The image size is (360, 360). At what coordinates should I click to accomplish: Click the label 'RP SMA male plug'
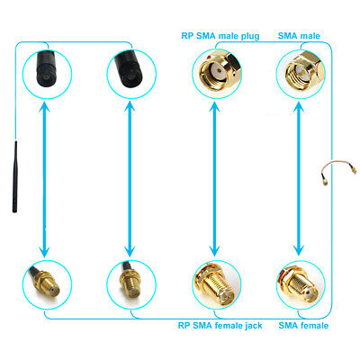pyautogui.click(x=220, y=36)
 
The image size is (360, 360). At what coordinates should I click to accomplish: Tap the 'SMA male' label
pyautogui.click(x=299, y=36)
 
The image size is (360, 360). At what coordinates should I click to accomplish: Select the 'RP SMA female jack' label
pyautogui.click(x=220, y=326)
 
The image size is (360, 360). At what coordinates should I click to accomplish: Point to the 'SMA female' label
pyautogui.click(x=303, y=326)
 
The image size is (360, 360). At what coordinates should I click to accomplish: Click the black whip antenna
pyautogui.click(x=14, y=176)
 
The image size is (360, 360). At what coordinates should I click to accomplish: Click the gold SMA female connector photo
pyautogui.click(x=301, y=284)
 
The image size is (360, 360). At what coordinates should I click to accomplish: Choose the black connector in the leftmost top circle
pyautogui.click(x=48, y=68)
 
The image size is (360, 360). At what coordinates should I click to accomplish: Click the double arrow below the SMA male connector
pyautogui.click(x=299, y=179)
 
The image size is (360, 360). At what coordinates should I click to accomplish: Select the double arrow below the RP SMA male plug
pyautogui.click(x=214, y=179)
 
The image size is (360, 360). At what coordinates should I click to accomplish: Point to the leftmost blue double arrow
pyautogui.click(x=45, y=179)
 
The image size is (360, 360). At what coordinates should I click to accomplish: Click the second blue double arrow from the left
pyautogui.click(x=130, y=179)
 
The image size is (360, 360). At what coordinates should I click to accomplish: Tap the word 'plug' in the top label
pyautogui.click(x=249, y=36)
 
